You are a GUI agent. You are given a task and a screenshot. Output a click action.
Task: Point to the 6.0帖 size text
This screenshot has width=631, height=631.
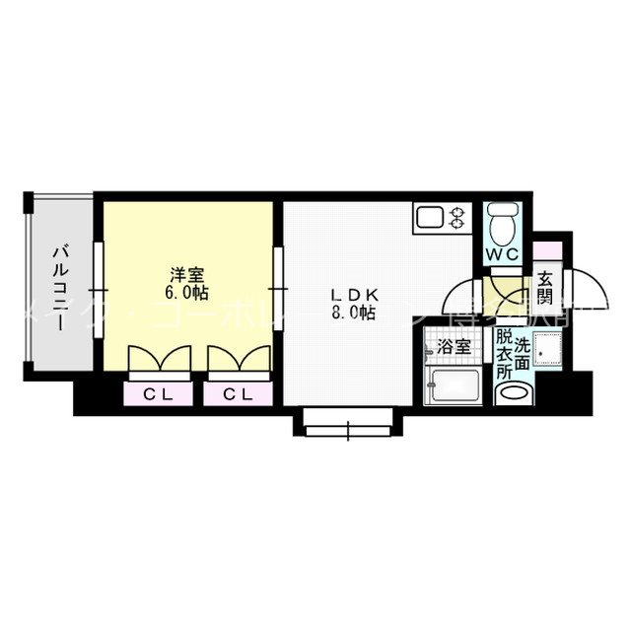tap(186, 292)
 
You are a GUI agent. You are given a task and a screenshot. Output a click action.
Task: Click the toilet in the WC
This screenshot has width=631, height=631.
tap(503, 223)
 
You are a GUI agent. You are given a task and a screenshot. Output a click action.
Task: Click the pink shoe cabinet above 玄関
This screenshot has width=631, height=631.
tap(548, 248)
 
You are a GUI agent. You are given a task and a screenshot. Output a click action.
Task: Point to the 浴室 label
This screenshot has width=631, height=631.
tap(453, 347)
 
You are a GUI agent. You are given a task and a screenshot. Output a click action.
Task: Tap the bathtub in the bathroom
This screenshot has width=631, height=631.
tap(455, 386)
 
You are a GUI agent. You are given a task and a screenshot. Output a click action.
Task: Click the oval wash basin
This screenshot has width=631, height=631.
tap(516, 393)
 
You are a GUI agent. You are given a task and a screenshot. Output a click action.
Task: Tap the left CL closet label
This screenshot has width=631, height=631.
tap(154, 394)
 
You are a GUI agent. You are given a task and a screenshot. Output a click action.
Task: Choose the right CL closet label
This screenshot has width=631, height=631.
tap(235, 394)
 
